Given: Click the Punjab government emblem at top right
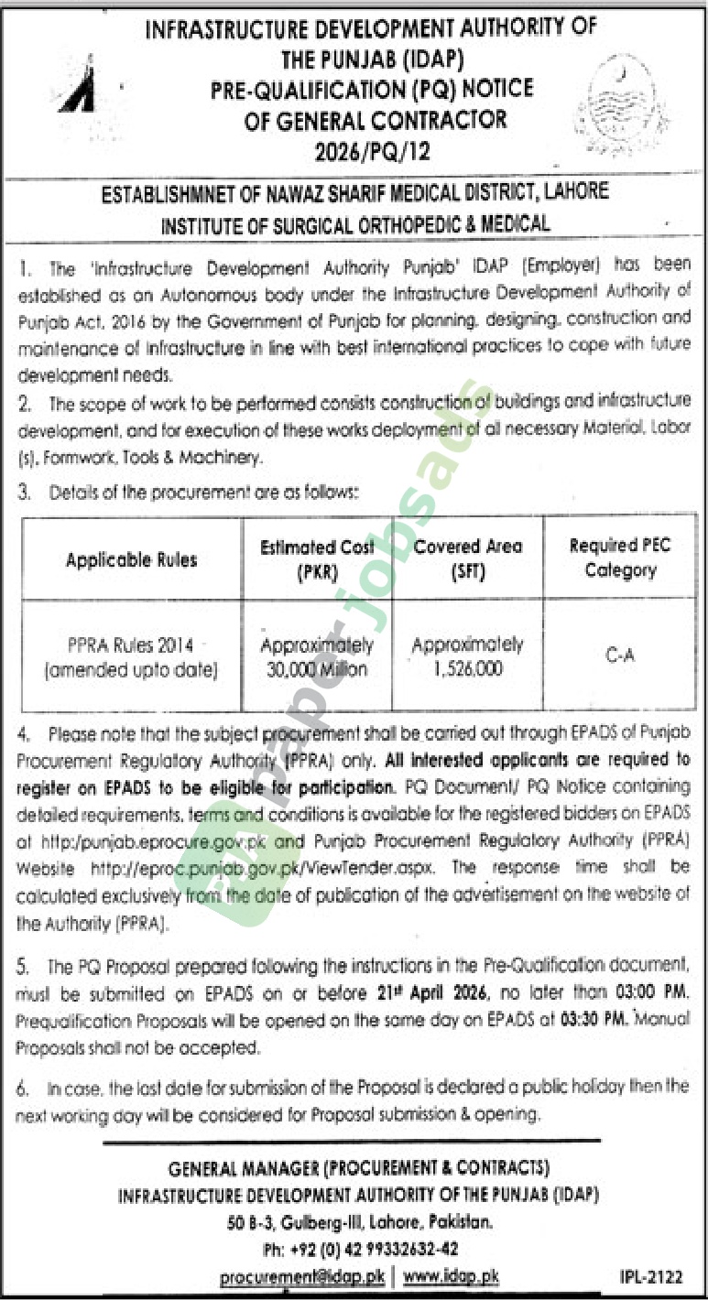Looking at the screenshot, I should pos(623,100).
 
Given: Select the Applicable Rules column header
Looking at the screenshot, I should pos(132,558).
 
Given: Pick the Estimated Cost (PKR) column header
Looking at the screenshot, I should pos(317,558).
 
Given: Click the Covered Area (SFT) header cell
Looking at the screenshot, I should pos(467,558).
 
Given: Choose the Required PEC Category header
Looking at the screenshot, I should pos(620,558).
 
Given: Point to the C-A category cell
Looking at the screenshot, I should pos(620,655).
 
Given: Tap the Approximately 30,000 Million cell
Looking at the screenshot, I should pos(317,656).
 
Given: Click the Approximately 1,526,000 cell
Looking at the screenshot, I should pos(467,656).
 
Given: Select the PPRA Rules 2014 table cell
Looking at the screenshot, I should pos(132,656).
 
